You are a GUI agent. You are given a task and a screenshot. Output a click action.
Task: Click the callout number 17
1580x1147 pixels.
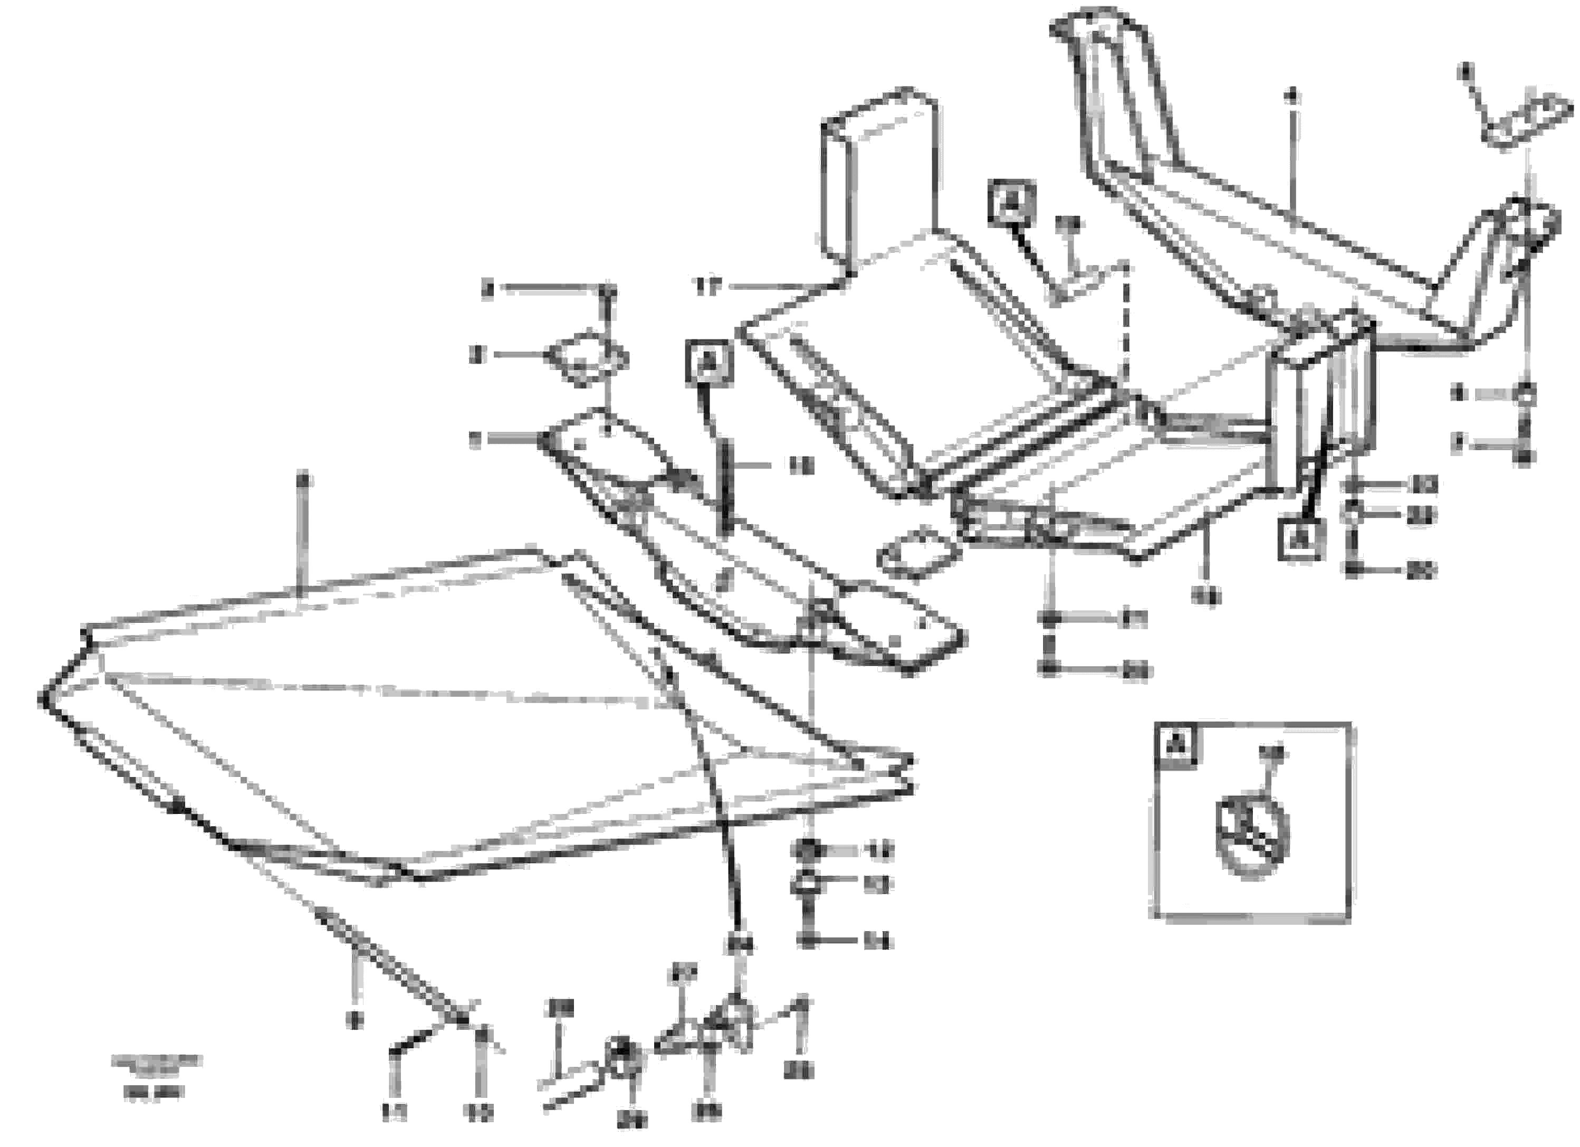click(707, 287)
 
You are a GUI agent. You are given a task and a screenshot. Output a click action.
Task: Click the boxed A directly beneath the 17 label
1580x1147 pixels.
click(708, 362)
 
